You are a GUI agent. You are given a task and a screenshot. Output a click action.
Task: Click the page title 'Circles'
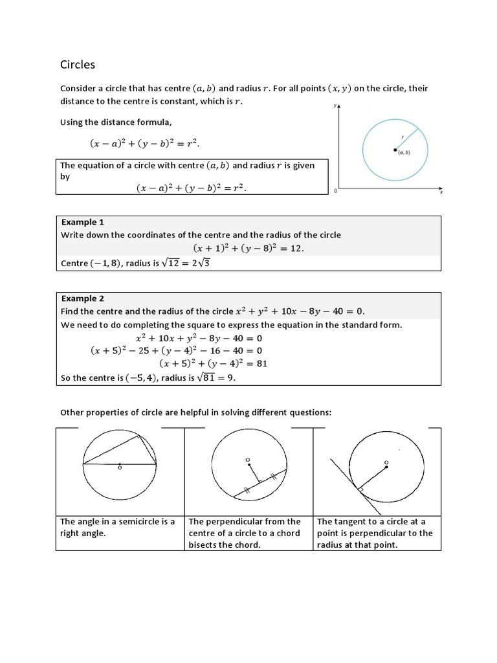[x=77, y=64]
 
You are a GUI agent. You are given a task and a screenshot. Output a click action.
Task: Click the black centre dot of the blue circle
[x=395, y=150]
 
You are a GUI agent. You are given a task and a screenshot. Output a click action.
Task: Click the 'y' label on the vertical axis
[x=335, y=106]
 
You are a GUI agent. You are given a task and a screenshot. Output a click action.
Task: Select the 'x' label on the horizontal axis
[x=441, y=192]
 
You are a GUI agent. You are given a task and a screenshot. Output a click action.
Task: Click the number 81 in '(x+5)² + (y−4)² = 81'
[x=261, y=363]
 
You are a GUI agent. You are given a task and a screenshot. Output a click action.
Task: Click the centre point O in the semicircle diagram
[x=120, y=465]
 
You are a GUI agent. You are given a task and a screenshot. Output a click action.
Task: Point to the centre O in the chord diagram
[x=248, y=462]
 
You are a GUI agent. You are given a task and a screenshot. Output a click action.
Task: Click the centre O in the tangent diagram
[x=386, y=463]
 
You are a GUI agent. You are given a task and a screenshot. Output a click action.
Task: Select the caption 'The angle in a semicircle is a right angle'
[x=117, y=527]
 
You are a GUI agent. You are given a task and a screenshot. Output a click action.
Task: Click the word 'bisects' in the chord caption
[x=204, y=545]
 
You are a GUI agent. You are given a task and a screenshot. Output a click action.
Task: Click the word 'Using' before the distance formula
[x=72, y=122]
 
